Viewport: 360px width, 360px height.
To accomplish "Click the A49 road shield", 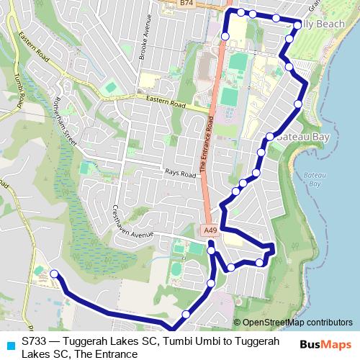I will pos(210,230).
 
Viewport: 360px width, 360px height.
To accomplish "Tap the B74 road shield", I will pos(187,4).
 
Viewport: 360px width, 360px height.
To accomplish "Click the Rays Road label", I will pos(180,174).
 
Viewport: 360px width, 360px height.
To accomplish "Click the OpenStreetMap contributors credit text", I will pos(297,322).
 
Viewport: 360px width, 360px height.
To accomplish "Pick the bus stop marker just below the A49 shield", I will pos(211,250).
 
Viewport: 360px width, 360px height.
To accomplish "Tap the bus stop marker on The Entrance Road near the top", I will pos(225,35).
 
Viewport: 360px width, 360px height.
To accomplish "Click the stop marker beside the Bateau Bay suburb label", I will pos(269,136).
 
